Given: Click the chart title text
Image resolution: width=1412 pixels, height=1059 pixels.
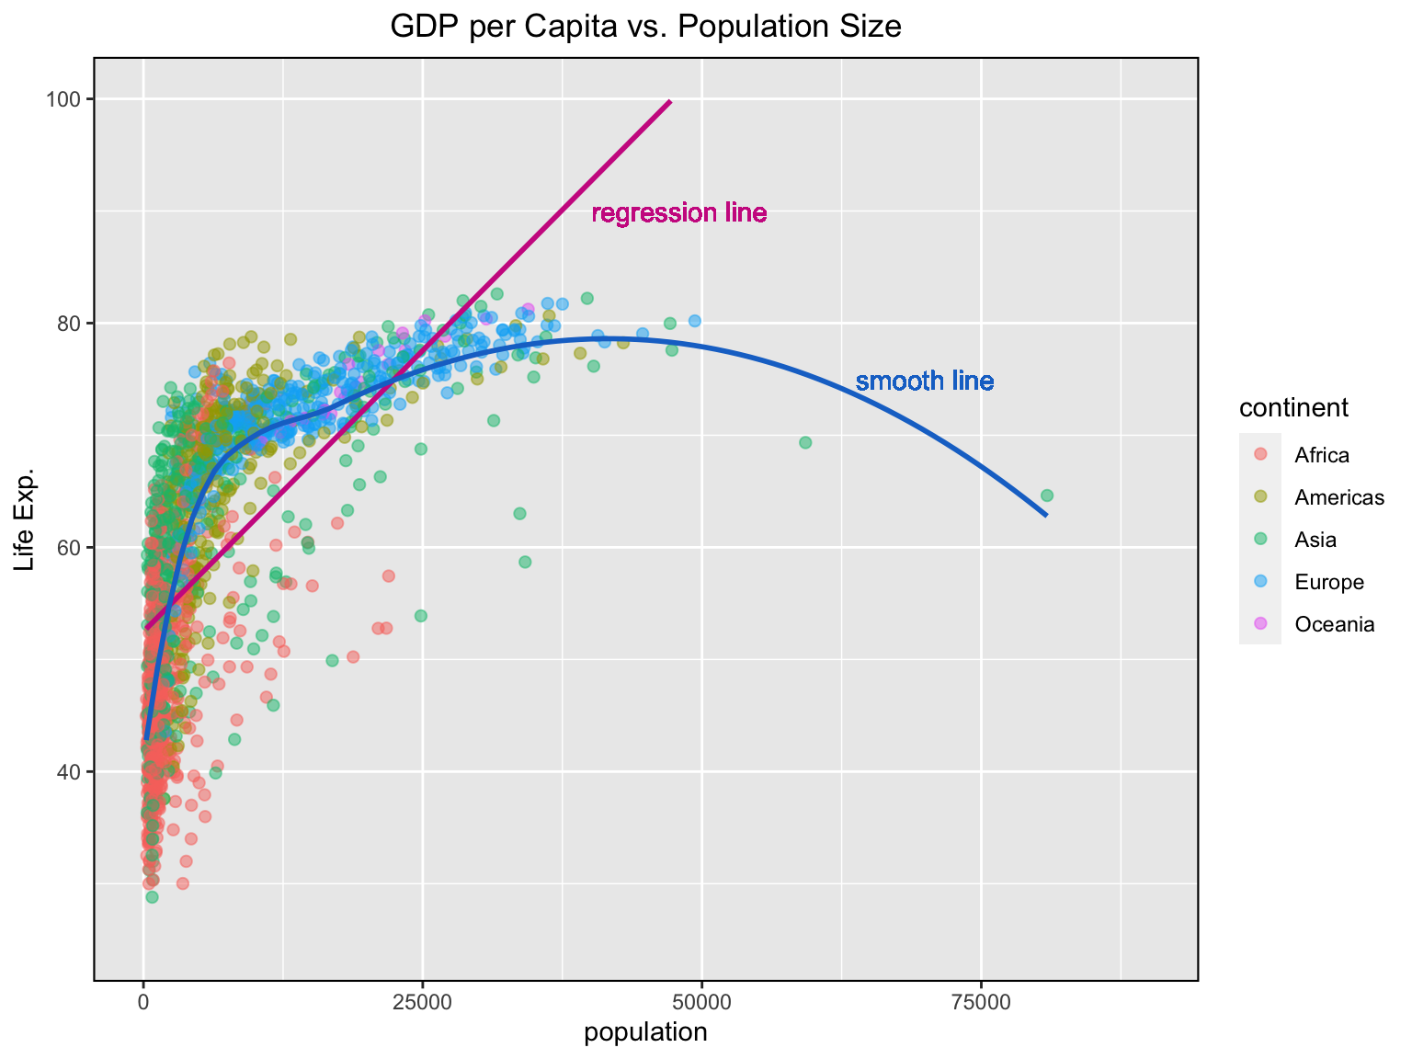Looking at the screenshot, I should (645, 27).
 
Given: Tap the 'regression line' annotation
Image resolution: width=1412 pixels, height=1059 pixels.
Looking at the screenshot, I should (678, 214).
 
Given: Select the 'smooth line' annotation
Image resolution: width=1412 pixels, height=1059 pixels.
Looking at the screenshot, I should (925, 381).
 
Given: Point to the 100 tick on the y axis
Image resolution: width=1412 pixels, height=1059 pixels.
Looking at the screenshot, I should (72, 99).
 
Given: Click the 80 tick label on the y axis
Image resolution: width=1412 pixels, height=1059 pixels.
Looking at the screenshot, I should (72, 324).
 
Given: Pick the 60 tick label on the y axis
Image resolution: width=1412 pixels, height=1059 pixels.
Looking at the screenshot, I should (72, 548).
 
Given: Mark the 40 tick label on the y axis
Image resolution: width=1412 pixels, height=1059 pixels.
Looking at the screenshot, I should (72, 772).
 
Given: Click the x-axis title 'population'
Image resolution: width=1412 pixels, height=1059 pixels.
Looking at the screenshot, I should (645, 1032).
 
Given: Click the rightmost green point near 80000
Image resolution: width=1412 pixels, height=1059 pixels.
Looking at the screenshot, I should (1046, 495).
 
